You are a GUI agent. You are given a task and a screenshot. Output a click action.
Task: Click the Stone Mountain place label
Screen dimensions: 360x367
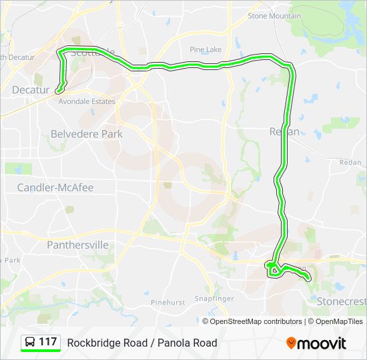(274, 15)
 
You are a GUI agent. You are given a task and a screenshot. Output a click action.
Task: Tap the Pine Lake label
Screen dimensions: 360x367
(205, 49)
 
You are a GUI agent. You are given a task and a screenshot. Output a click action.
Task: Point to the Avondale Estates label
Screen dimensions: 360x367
(87, 102)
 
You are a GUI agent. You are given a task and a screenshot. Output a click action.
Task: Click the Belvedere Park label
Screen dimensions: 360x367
(87, 134)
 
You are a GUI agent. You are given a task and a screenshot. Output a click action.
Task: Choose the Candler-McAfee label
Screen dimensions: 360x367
(55, 188)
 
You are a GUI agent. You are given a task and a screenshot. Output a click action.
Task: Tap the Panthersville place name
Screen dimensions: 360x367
(77, 245)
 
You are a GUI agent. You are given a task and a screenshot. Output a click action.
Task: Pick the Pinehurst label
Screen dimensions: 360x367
(167, 302)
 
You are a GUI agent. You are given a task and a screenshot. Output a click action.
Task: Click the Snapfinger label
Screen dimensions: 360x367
(213, 298)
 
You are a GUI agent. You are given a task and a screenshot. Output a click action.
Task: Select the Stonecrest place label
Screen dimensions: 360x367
(341, 301)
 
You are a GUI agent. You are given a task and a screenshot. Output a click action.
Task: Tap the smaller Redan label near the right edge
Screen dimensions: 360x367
(350, 163)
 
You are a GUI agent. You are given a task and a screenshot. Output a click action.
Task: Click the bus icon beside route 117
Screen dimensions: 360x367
(30, 343)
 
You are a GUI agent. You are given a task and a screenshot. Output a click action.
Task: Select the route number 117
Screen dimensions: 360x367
(48, 343)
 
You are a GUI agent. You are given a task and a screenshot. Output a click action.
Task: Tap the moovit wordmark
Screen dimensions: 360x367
(322, 343)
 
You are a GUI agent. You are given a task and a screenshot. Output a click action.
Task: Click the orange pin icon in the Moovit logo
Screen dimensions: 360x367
(291, 343)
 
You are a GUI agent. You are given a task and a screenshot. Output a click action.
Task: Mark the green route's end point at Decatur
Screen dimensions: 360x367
(58, 90)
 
